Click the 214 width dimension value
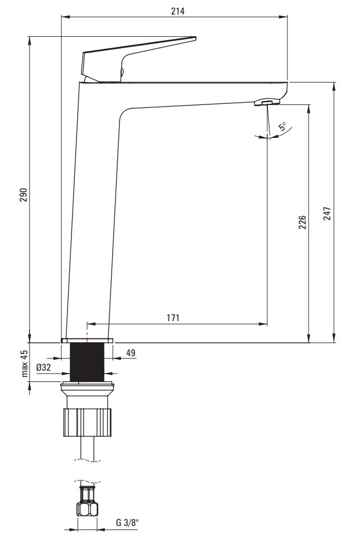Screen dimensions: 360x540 tap(177, 11)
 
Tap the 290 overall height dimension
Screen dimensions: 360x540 tap(23, 195)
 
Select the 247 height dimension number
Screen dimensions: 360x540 tap(327, 213)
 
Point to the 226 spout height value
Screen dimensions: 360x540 tap(302, 222)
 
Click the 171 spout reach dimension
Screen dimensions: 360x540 tap(173, 318)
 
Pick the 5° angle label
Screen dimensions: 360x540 tap(282, 126)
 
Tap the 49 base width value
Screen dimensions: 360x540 tap(131, 353)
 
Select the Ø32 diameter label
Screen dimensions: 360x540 tap(44, 367)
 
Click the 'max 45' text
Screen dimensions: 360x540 tap(24, 364)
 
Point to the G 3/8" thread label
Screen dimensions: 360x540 tap(127, 523)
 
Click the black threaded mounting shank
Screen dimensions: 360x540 tap(87, 362)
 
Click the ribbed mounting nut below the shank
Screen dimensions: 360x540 tap(87, 422)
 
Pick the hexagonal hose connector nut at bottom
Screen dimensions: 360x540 tap(87, 508)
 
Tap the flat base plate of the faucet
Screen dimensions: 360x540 tap(87, 341)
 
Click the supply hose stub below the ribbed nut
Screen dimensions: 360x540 tap(87, 448)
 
